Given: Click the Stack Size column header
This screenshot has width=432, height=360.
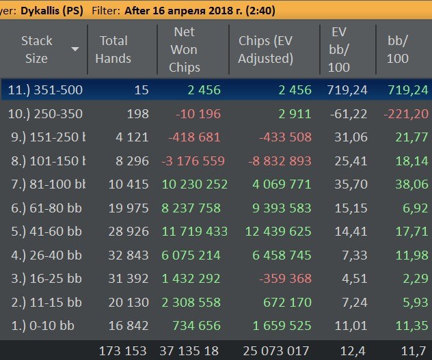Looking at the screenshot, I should [36, 49].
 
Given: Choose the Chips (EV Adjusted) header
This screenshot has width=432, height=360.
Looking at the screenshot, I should [265, 49].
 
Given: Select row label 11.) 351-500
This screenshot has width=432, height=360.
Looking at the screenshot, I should [44, 89].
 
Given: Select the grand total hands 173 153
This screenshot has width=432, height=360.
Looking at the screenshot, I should [123, 350].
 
